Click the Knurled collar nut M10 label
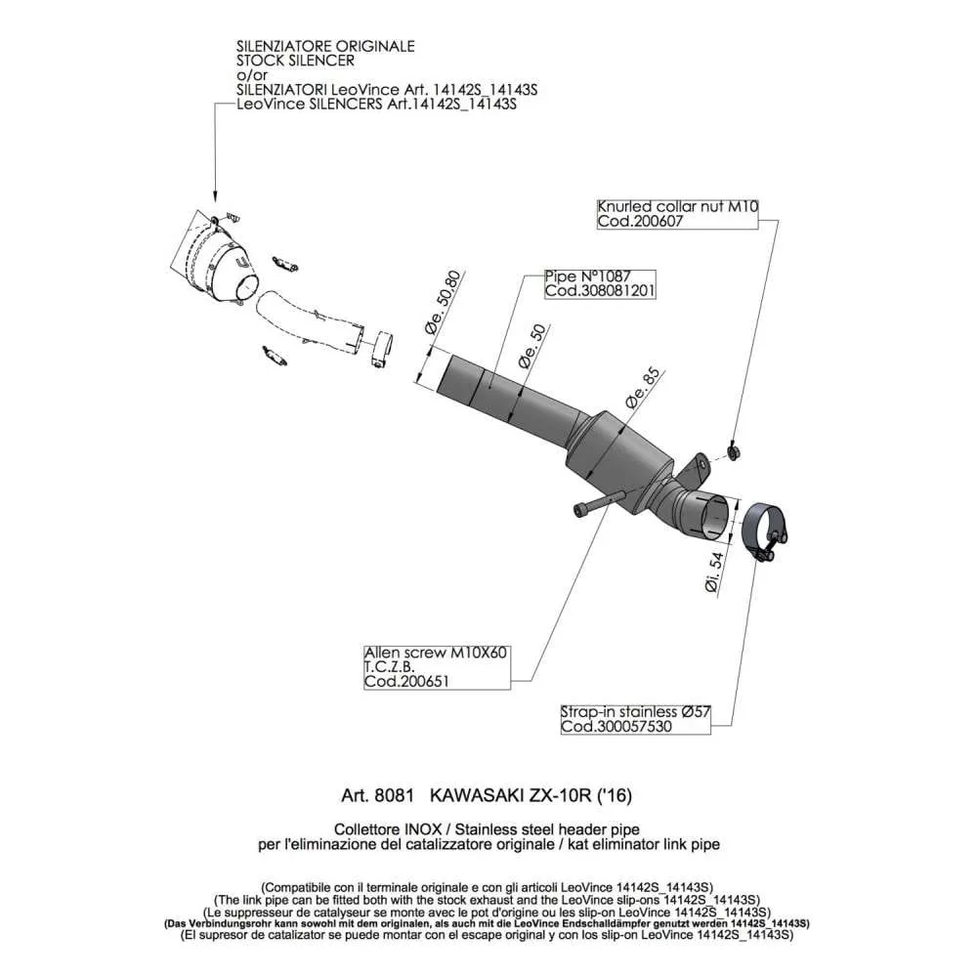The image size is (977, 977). click(677, 206)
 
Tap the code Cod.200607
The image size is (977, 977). click(640, 221)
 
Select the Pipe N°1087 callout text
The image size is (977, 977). click(587, 276)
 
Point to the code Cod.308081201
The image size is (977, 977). click(600, 291)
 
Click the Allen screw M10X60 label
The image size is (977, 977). click(436, 653)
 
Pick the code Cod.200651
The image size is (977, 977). click(406, 682)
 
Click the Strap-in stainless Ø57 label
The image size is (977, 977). click(635, 711)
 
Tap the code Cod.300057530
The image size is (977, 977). click(616, 727)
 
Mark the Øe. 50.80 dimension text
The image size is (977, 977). click(444, 302)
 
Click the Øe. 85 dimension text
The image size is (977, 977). click(642, 389)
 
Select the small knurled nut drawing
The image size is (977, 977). click(734, 450)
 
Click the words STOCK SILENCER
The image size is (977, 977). click(295, 61)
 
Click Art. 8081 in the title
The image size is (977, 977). click(377, 795)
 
